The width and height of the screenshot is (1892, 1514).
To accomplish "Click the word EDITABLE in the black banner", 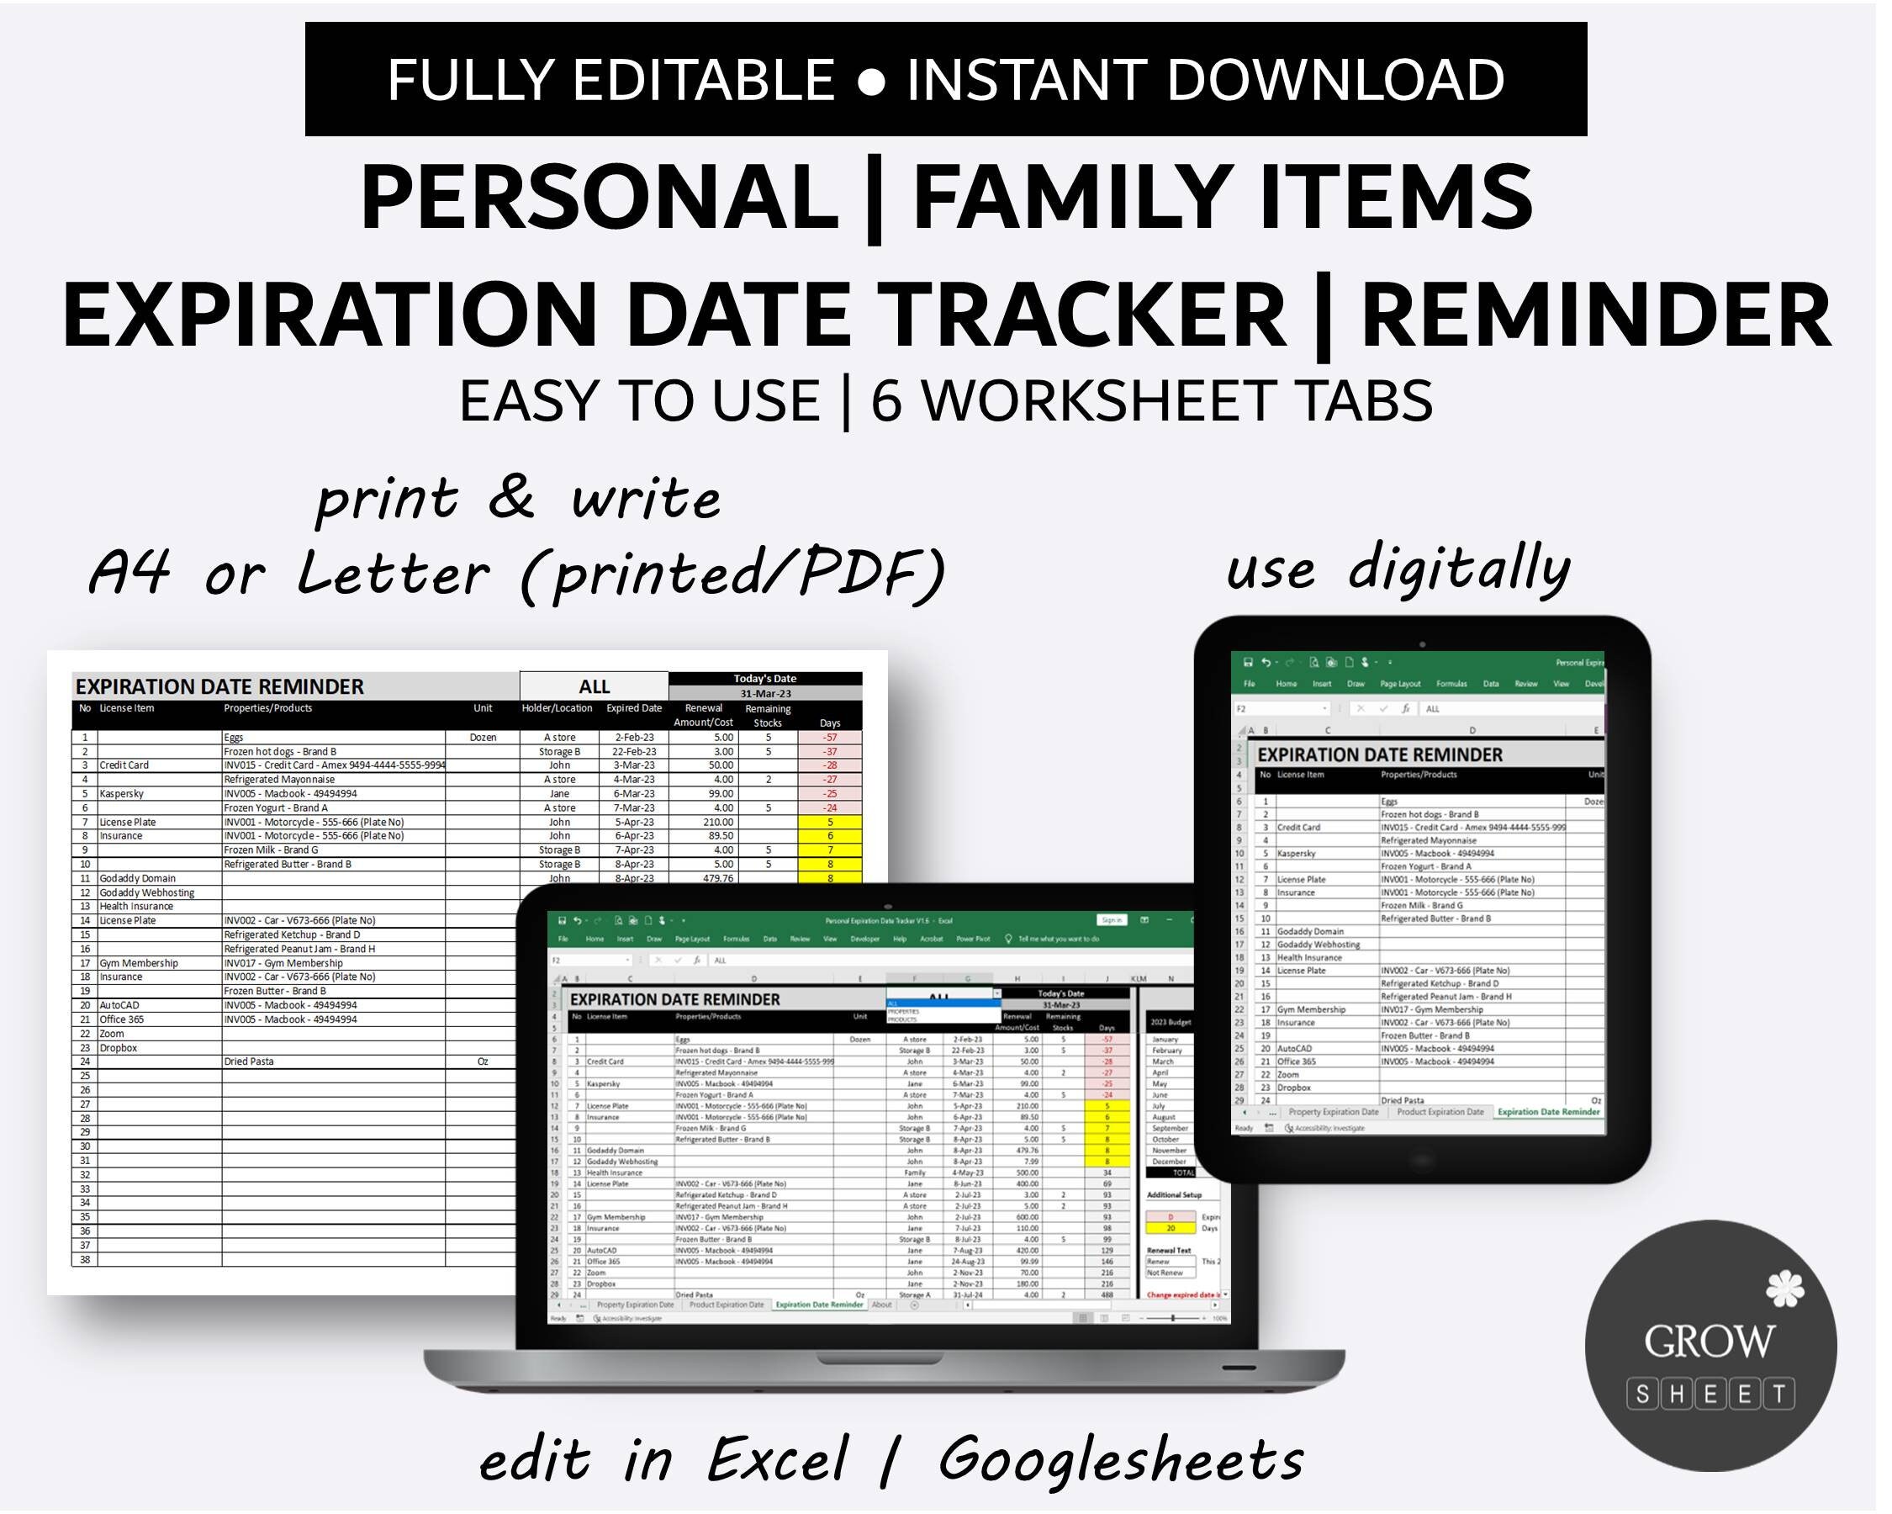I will [704, 80].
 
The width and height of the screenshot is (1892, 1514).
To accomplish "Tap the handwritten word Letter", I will [392, 574].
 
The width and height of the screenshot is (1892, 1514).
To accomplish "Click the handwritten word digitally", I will [1457, 569].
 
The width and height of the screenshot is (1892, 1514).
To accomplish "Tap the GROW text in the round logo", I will [1709, 1342].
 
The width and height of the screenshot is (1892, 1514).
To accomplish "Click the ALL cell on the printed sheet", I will [595, 686].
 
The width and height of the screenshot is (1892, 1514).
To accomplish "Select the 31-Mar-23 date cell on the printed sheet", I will [765, 693].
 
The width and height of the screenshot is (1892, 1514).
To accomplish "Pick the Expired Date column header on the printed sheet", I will [633, 708].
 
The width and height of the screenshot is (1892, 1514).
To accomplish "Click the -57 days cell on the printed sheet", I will [829, 738].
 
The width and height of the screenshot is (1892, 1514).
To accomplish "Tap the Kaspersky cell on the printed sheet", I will [121, 793].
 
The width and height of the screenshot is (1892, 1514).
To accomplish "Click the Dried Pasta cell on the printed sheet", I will [248, 1061].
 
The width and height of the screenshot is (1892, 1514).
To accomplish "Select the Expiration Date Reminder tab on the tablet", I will [1548, 1112].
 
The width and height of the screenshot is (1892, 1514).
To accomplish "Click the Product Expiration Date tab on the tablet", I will [1440, 1112].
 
